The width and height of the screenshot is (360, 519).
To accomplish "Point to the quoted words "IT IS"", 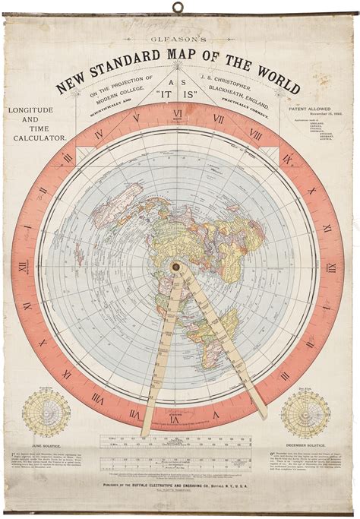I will pos(178,97).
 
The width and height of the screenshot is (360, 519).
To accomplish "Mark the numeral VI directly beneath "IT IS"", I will pos(178,115).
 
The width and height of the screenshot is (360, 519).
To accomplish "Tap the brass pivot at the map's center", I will pos(176,267).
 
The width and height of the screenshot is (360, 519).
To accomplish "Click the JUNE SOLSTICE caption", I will pos(46,442).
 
